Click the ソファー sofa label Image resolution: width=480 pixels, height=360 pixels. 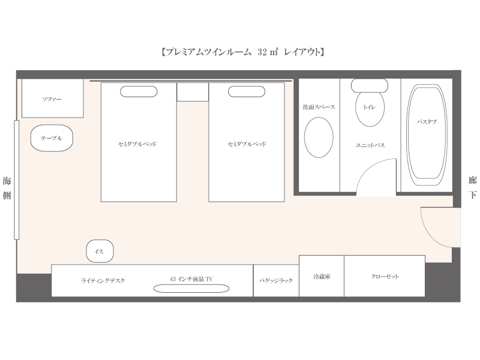point(52,99)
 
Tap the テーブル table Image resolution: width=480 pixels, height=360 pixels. point(52,138)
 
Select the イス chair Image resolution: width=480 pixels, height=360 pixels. point(100,251)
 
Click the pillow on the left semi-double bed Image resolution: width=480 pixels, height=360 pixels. point(139,92)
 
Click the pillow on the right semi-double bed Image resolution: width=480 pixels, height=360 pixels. point(247,92)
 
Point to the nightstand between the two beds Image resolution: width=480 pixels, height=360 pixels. point(193,92)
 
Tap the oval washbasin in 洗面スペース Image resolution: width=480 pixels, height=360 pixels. point(319,137)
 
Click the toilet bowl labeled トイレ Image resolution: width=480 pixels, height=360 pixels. point(370,109)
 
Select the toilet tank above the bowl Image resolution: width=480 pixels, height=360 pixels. point(370,85)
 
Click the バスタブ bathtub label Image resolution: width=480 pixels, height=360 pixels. point(427,122)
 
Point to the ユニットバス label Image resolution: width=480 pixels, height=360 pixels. point(370,145)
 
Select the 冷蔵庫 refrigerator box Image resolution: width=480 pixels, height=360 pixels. point(322,276)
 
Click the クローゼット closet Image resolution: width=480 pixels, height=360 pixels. point(385,276)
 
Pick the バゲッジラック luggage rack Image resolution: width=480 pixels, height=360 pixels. point(276,280)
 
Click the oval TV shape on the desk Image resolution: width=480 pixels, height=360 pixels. point(191,289)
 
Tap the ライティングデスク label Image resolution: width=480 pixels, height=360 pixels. point(103,280)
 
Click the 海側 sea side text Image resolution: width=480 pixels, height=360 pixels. point(7,188)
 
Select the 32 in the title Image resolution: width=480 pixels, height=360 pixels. point(262,52)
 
